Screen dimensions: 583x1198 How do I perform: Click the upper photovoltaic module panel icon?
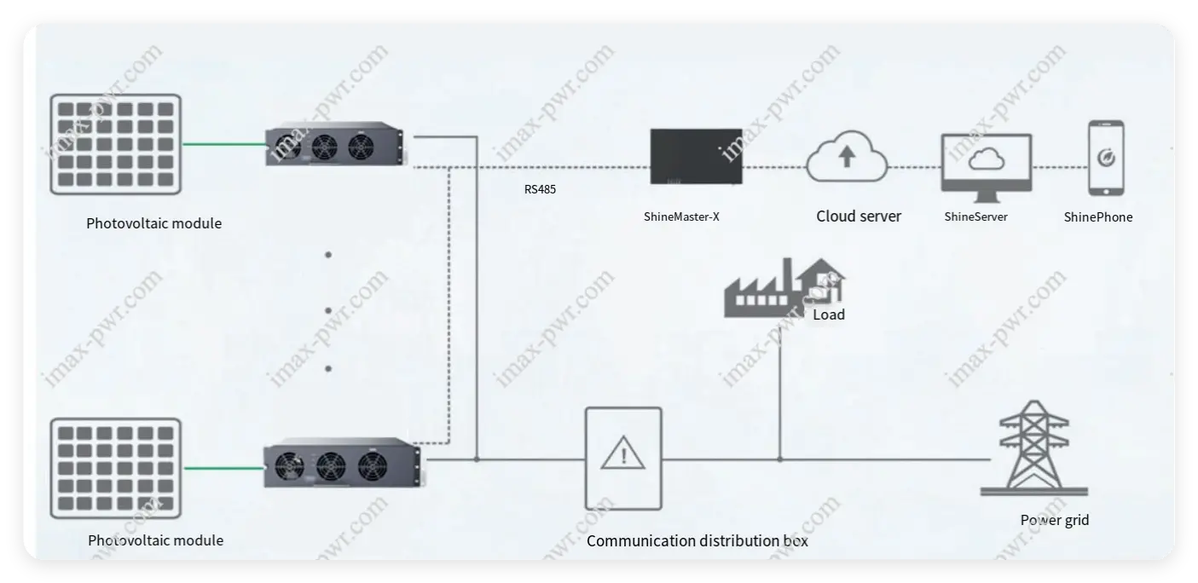pos(115,143)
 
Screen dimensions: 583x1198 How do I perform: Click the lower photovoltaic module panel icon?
pos(115,467)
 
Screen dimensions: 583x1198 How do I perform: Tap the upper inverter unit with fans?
pos(335,147)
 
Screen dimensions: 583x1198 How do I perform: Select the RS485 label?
pos(540,190)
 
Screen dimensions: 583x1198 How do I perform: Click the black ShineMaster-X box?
pos(696,156)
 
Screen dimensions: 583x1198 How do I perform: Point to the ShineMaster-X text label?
pos(681,216)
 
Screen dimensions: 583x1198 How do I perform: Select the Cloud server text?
pos(859,216)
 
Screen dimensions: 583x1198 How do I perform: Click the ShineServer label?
pos(975,216)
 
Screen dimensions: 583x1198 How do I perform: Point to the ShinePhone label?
pos(1098,217)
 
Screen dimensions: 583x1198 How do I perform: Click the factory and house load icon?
pos(783,288)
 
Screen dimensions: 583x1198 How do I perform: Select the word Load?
pos(829,315)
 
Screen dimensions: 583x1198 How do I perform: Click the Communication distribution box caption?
pos(697,540)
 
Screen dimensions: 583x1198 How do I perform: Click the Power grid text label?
pos(1055,520)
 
